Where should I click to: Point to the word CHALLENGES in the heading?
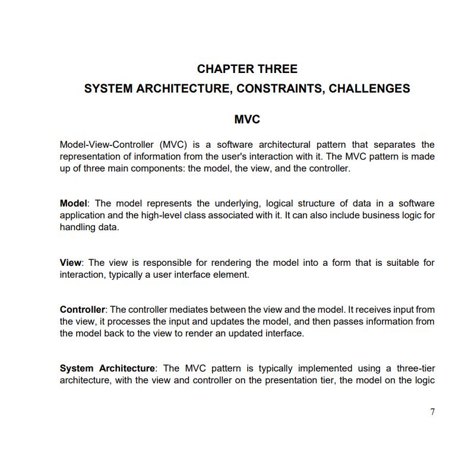(x=369, y=88)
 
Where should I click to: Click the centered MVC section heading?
(x=247, y=119)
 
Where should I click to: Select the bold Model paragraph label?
(x=74, y=204)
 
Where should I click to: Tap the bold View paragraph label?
(x=71, y=262)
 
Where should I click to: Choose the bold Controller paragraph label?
(x=83, y=310)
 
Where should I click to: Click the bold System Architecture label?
(x=107, y=369)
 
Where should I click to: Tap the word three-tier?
(x=415, y=369)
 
